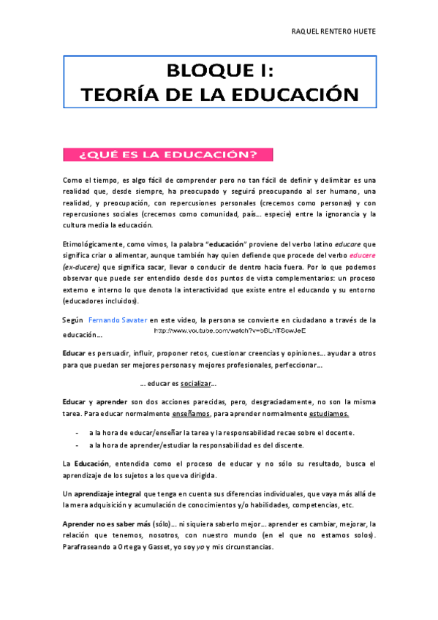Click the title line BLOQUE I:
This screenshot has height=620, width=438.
(x=219, y=72)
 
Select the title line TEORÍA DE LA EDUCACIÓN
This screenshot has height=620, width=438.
(x=219, y=95)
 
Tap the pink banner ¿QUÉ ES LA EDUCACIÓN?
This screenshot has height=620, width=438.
(x=168, y=154)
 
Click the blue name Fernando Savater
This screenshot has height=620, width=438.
(x=118, y=320)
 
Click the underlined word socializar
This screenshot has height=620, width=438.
(x=196, y=385)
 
